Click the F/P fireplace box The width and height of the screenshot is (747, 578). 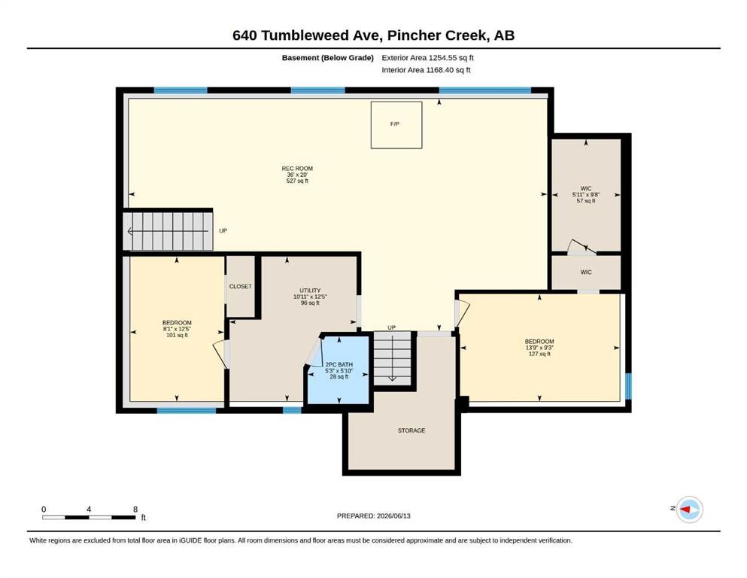pyautogui.click(x=396, y=125)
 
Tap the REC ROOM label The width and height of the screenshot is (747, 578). pyautogui.click(x=297, y=168)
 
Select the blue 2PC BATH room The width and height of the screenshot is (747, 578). pyautogui.click(x=339, y=370)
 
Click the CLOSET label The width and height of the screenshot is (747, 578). pyautogui.click(x=240, y=287)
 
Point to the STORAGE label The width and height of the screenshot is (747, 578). pyautogui.click(x=411, y=430)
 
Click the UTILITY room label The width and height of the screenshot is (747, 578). pyautogui.click(x=310, y=291)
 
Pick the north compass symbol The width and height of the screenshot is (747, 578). pyautogui.click(x=689, y=510)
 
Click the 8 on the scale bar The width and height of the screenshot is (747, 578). pyautogui.click(x=135, y=509)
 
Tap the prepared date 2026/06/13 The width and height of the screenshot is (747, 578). pyautogui.click(x=393, y=516)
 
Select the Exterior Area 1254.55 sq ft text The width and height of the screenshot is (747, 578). pyautogui.click(x=427, y=58)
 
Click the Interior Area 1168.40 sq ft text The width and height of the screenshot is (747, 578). pyautogui.click(x=426, y=70)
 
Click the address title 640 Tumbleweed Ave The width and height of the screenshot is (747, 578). pyautogui.click(x=307, y=35)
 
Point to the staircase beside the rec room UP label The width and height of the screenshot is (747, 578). pyautogui.click(x=168, y=231)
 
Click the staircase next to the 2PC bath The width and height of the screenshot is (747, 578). pyautogui.click(x=392, y=359)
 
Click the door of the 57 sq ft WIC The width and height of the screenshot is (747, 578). pyautogui.click(x=582, y=246)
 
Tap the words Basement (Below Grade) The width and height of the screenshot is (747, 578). pyautogui.click(x=328, y=58)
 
